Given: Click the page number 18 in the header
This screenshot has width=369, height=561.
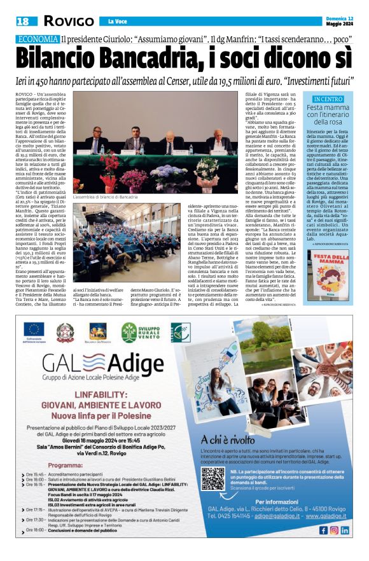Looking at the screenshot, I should (24, 21).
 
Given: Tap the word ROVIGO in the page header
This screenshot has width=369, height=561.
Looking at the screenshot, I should (69, 22).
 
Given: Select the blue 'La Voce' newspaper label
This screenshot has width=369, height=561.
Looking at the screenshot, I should (117, 22).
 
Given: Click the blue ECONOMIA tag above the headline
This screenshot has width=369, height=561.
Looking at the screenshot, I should (38, 39).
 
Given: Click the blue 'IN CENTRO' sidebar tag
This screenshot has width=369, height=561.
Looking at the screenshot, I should (328, 99).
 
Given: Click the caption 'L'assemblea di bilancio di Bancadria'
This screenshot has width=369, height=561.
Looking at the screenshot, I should (105, 198).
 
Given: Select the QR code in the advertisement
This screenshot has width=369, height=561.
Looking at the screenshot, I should (212, 478).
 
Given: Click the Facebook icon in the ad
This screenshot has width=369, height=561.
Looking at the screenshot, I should (323, 530).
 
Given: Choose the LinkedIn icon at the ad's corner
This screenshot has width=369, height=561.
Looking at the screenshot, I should (344, 530).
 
